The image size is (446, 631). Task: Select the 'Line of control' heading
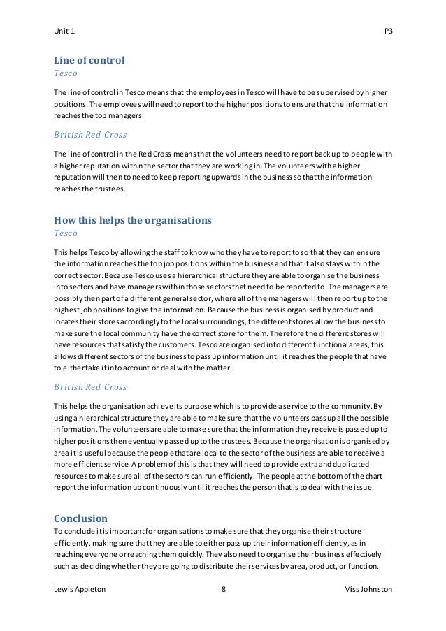tap(89, 60)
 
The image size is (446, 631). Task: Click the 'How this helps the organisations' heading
tap(132, 220)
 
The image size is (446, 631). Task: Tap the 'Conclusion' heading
tap(80, 518)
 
